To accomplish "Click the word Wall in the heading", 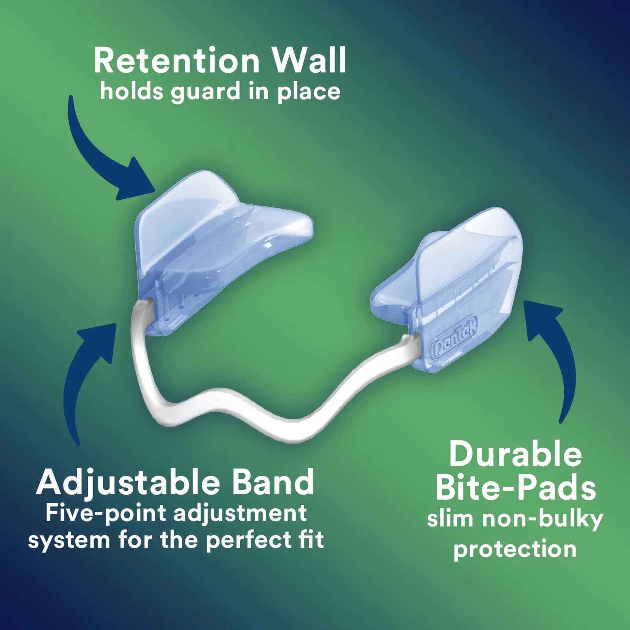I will tap(309, 61).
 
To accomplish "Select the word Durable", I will tap(515, 455).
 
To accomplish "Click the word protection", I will tap(515, 549).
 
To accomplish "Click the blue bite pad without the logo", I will tap(213, 244).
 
